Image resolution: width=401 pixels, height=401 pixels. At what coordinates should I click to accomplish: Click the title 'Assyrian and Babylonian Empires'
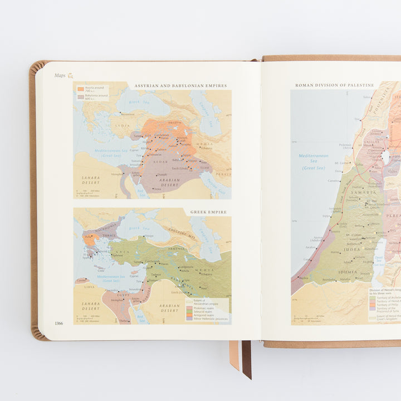click(180, 86)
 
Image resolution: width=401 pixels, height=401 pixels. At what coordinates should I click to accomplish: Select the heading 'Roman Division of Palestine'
click(334, 85)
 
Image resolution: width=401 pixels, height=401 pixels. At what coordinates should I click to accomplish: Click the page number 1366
click(58, 324)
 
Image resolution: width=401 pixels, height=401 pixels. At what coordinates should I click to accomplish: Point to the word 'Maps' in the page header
click(60, 75)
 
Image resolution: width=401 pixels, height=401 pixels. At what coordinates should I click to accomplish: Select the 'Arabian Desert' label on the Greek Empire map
click(170, 307)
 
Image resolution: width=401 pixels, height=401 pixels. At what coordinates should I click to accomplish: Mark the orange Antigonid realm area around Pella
click(89, 239)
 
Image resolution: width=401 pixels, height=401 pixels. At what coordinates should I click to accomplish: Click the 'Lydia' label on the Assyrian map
click(122, 126)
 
